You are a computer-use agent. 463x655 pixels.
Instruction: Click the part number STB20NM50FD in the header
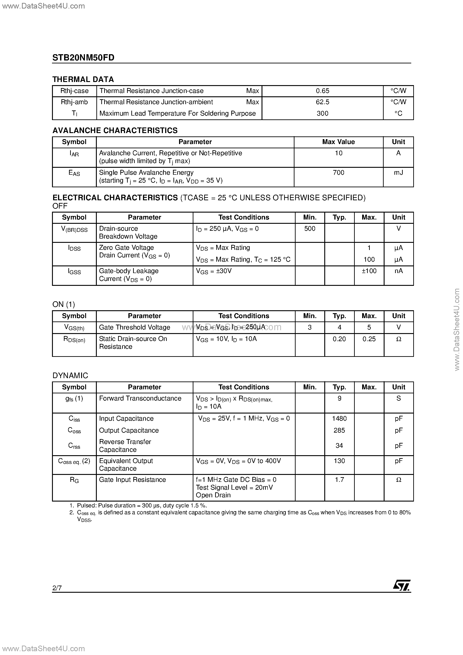(83, 58)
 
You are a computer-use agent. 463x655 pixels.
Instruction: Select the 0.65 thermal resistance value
(322, 91)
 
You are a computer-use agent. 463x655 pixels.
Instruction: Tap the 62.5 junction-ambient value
(322, 102)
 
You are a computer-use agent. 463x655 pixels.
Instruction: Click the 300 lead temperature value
(322, 113)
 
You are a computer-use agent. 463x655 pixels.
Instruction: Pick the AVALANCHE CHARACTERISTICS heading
(115, 130)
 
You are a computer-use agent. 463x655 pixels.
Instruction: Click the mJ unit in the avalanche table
(398, 172)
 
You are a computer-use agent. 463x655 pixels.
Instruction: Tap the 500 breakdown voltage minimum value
(310, 228)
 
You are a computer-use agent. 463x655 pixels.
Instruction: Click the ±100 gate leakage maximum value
(369, 271)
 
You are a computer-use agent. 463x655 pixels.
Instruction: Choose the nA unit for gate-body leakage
(398, 271)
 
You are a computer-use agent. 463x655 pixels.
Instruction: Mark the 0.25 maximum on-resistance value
(369, 339)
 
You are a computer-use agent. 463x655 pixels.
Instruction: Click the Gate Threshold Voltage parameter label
(134, 327)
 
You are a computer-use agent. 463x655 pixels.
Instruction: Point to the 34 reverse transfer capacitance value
(339, 445)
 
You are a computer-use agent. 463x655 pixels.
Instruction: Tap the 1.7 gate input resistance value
(339, 480)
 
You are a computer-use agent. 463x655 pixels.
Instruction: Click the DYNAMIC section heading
(70, 375)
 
